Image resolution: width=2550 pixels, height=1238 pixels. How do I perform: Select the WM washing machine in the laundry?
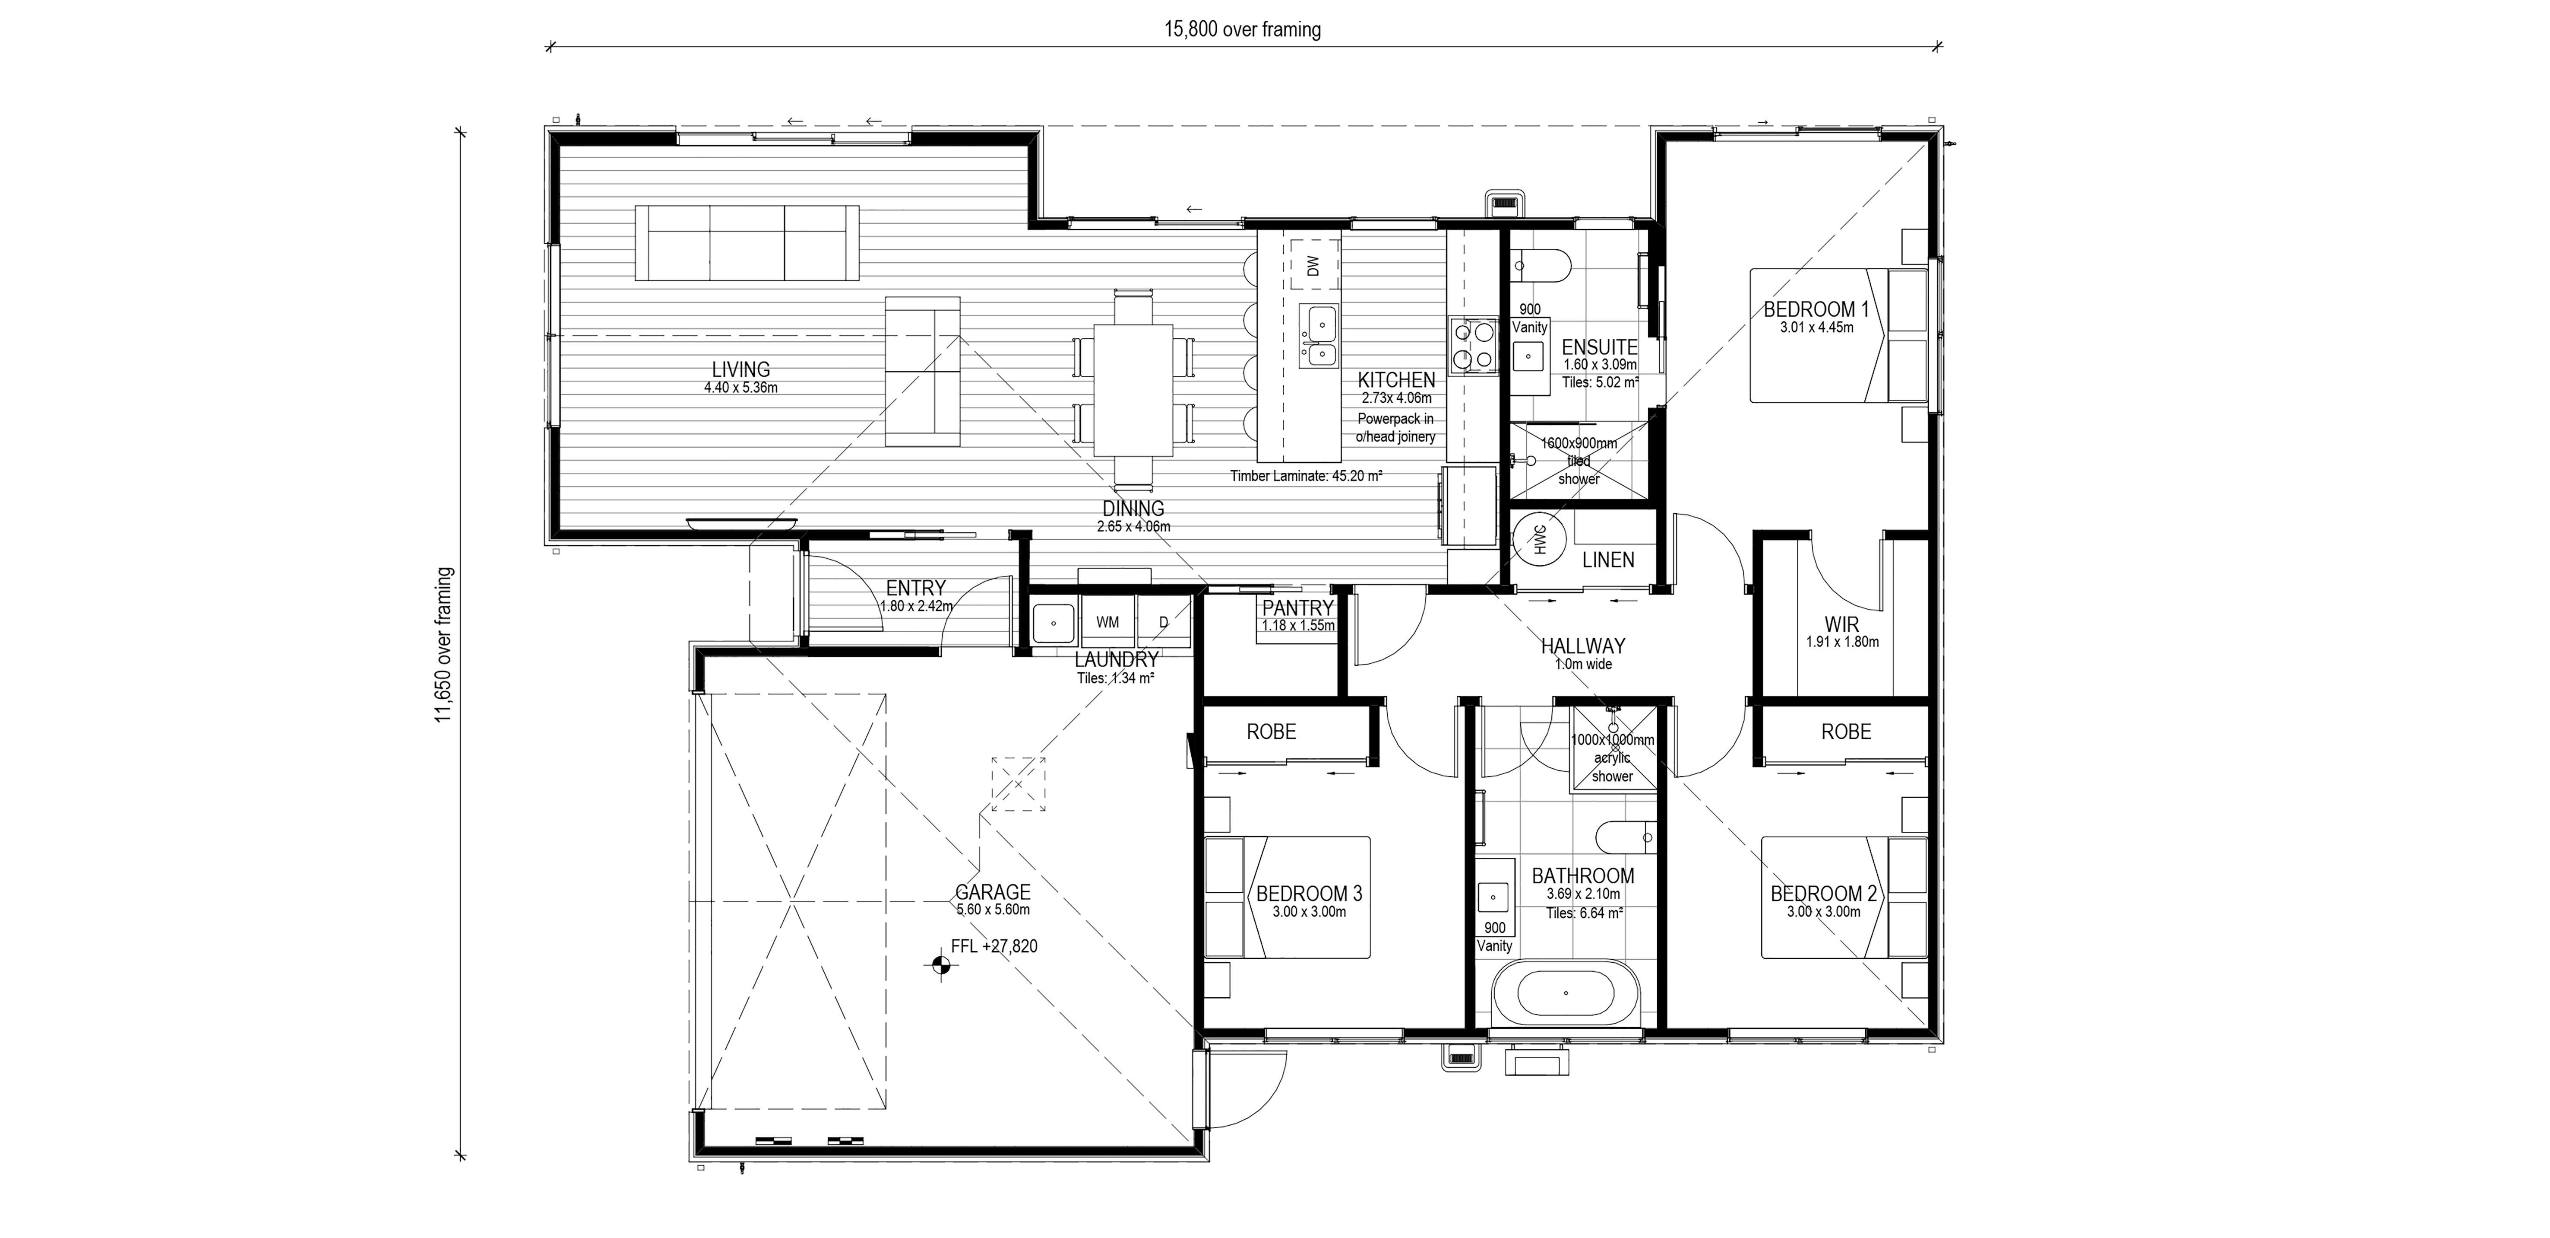coord(1108,622)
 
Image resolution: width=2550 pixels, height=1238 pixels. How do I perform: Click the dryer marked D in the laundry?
coord(1163,622)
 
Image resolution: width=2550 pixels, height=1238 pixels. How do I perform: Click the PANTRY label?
coord(1298,607)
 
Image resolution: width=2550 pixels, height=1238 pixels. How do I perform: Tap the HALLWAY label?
coord(1583,646)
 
